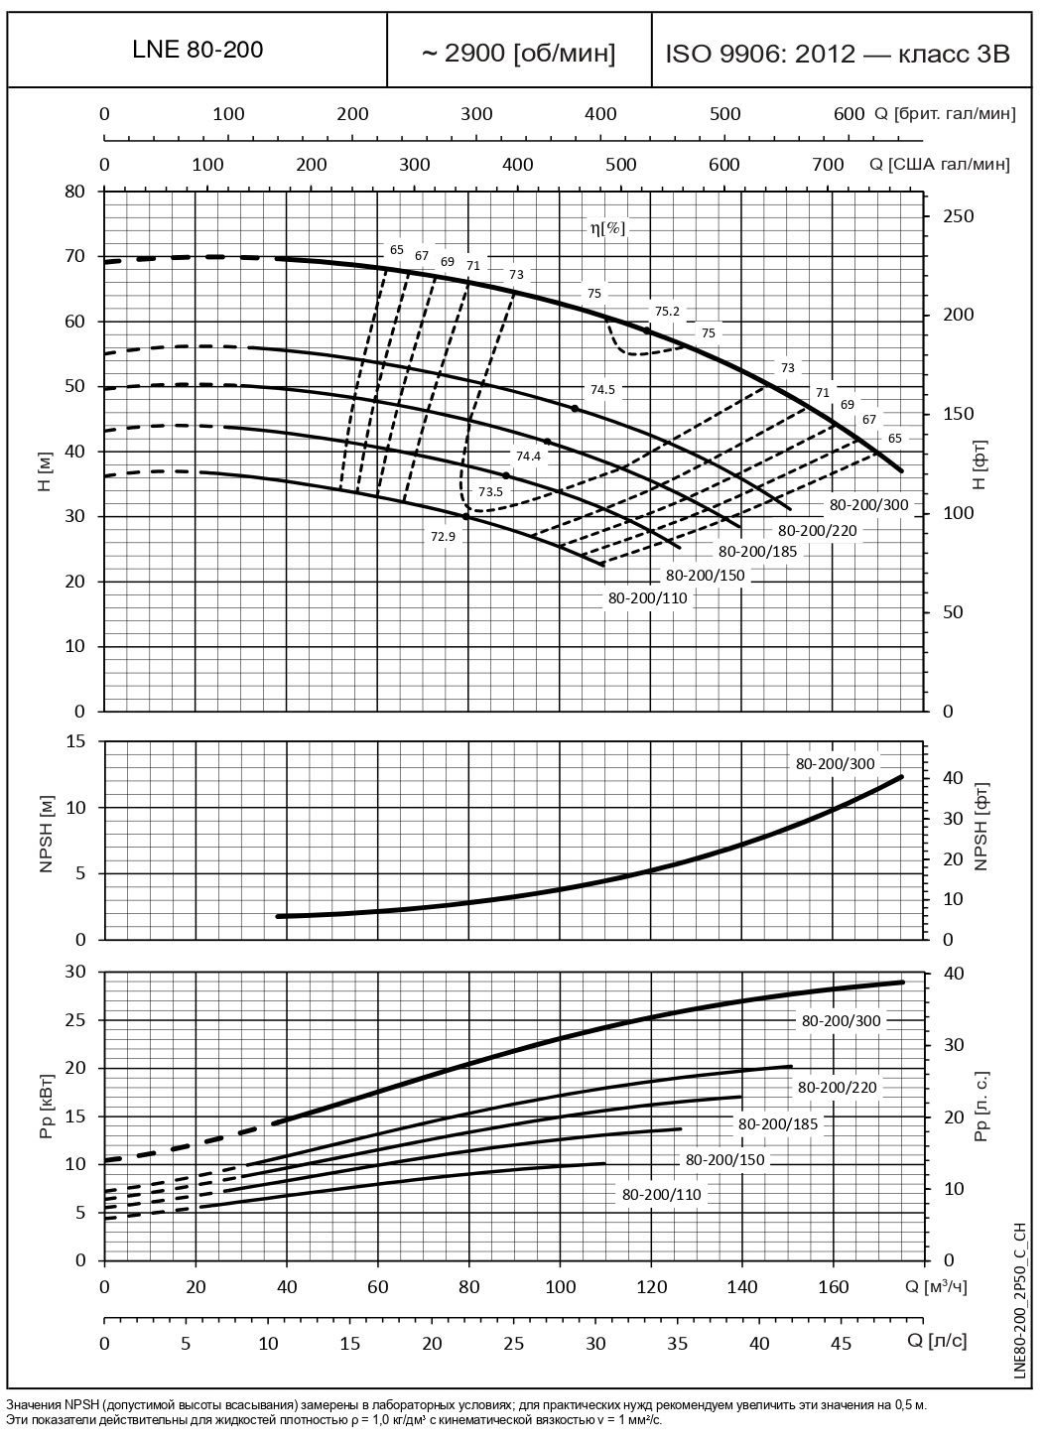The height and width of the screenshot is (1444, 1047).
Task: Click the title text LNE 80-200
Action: pos(197,51)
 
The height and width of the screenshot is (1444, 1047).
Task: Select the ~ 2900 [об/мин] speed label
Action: pos(518,54)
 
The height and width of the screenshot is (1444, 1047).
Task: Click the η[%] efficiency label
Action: pos(607,228)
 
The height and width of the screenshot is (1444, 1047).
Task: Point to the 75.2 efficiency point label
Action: pos(667,312)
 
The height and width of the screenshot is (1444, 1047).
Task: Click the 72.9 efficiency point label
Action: pos(443,537)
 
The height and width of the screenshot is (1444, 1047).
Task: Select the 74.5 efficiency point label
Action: pos(602,390)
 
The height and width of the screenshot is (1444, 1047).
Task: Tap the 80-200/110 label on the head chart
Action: pos(647,597)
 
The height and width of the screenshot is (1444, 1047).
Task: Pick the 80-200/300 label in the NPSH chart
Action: pos(835,764)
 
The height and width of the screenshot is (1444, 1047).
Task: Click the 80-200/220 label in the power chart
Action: pos(837,1087)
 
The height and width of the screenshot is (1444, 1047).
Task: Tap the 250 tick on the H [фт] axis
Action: pos(959,216)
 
